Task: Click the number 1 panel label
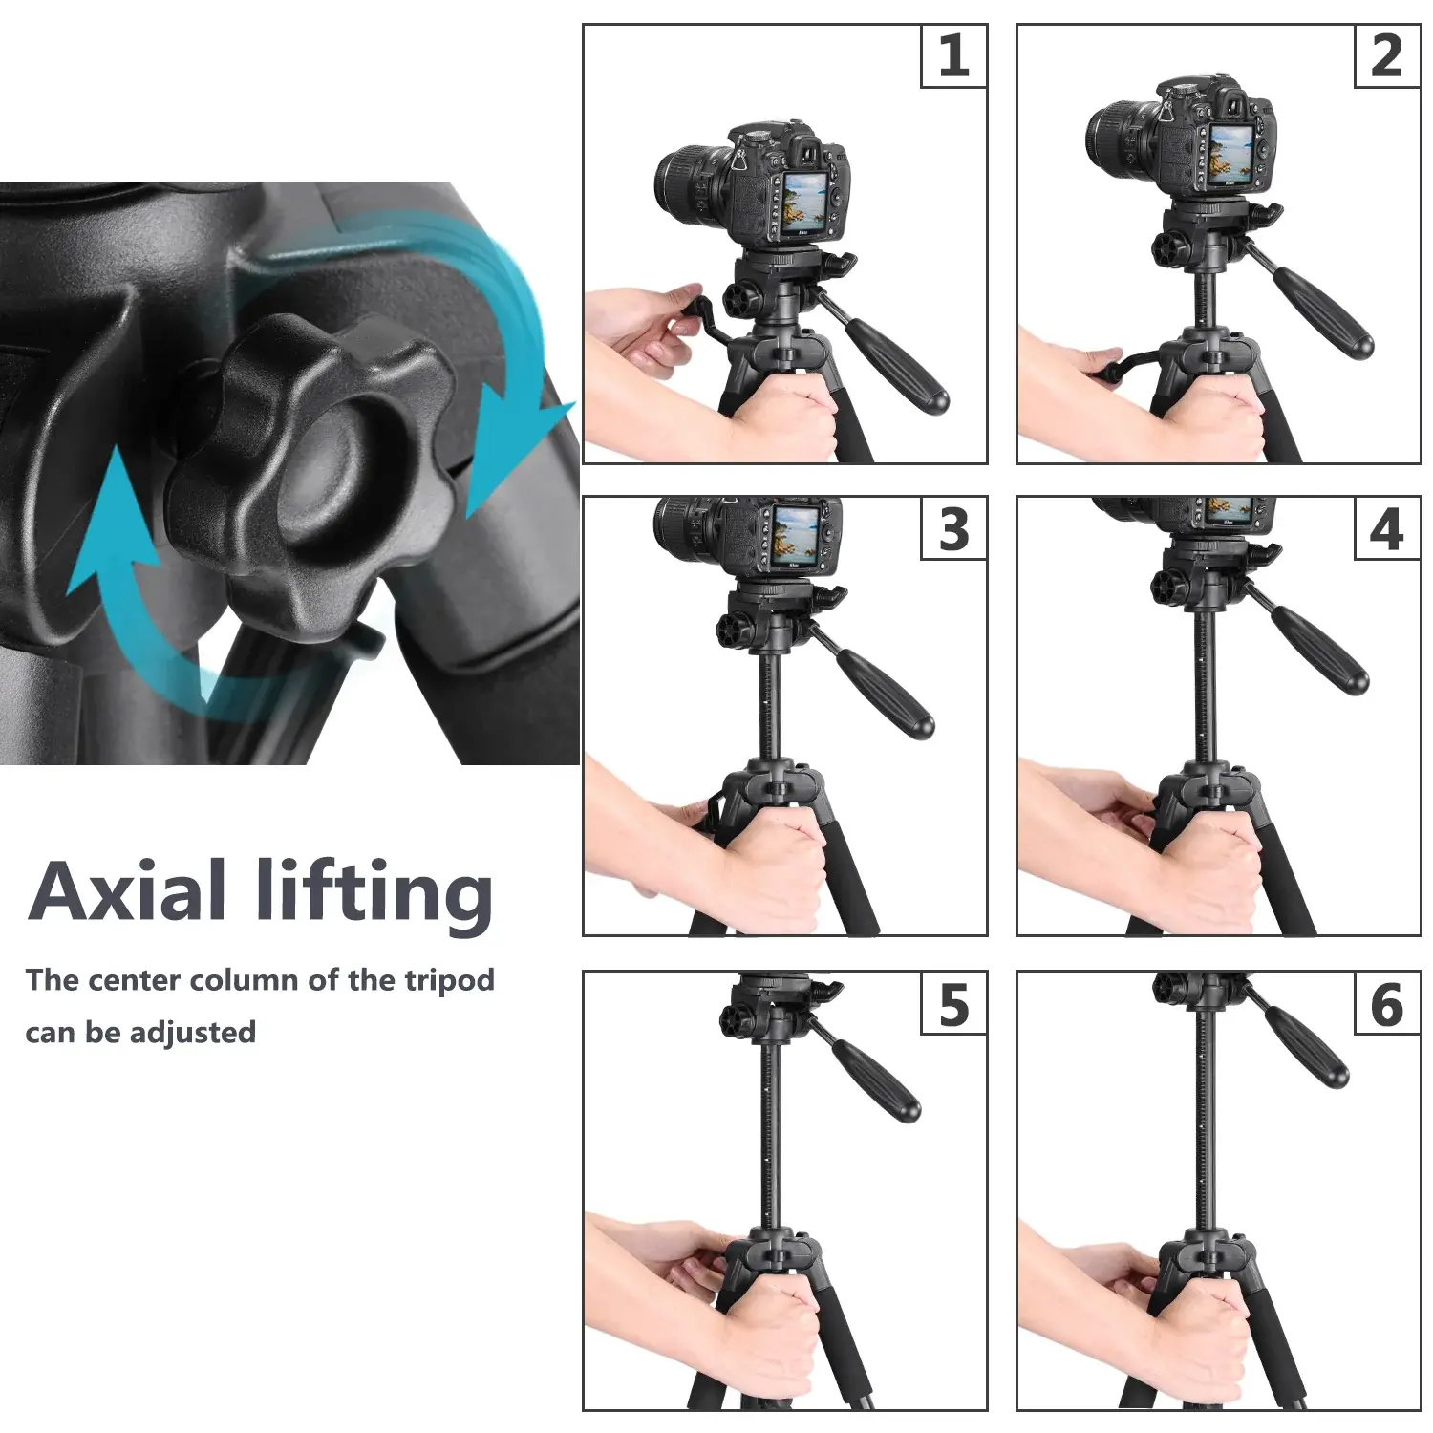[953, 56]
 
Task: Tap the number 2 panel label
[1387, 56]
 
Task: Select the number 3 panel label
[953, 529]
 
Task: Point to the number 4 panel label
[1387, 529]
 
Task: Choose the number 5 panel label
[953, 1004]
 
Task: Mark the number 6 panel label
[1387, 1004]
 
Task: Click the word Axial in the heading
[127, 890]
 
